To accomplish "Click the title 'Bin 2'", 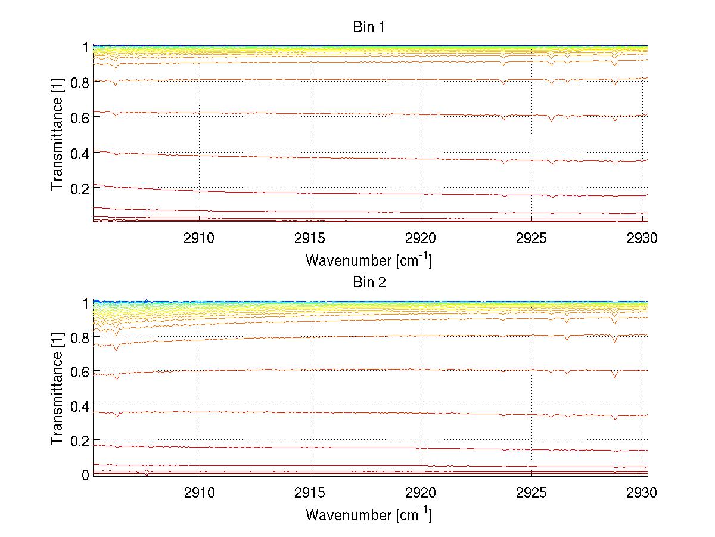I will coord(369,283).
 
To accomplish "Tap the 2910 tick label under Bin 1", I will coord(199,238).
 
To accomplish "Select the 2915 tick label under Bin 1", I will coord(310,238).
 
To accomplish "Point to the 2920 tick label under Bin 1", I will coord(421,238).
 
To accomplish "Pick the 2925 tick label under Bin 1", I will coord(531,238).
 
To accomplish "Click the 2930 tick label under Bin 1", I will coord(642,238).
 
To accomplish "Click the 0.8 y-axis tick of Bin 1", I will coord(79,82).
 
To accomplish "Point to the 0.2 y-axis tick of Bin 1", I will coord(79,188).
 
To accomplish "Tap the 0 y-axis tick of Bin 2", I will coord(85,475).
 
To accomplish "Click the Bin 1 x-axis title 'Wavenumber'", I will coord(368,260).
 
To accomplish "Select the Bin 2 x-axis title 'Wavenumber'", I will coord(368,514).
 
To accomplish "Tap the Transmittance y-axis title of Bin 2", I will coord(57,388).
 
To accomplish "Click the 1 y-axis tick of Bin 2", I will coord(85,303).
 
